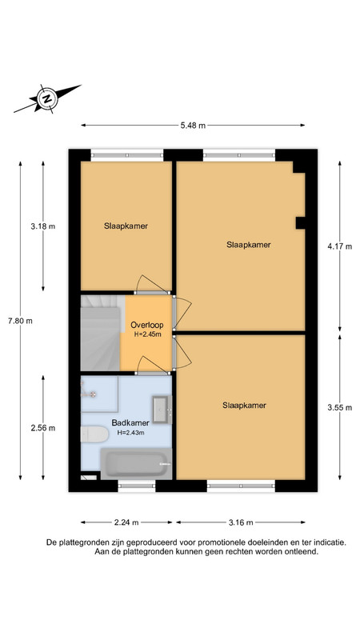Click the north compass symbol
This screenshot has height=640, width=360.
tap(47, 98)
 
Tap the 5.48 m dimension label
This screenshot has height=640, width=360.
tap(193, 126)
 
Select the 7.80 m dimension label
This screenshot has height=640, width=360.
tap(20, 321)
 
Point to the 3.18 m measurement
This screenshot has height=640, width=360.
tap(43, 226)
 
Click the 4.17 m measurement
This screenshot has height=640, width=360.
tap(339, 246)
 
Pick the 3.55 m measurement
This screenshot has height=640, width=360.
tap(339, 407)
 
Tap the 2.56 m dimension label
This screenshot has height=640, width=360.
tap(43, 428)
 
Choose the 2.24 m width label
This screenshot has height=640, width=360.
tap(126, 522)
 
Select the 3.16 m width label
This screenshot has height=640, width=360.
tap(241, 522)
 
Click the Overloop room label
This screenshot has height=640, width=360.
tap(147, 326)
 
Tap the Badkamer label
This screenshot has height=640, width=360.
tap(130, 423)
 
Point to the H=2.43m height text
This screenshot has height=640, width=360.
tap(130, 433)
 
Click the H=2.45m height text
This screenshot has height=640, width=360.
tap(147, 334)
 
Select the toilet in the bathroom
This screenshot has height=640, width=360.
tap(94, 434)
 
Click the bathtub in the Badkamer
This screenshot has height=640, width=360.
tap(136, 464)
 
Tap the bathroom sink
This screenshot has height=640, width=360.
tap(162, 410)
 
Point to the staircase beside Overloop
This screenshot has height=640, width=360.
tap(100, 333)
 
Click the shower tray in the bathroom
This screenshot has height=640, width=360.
tap(99, 394)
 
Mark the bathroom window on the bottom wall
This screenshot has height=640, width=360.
tap(137, 486)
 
